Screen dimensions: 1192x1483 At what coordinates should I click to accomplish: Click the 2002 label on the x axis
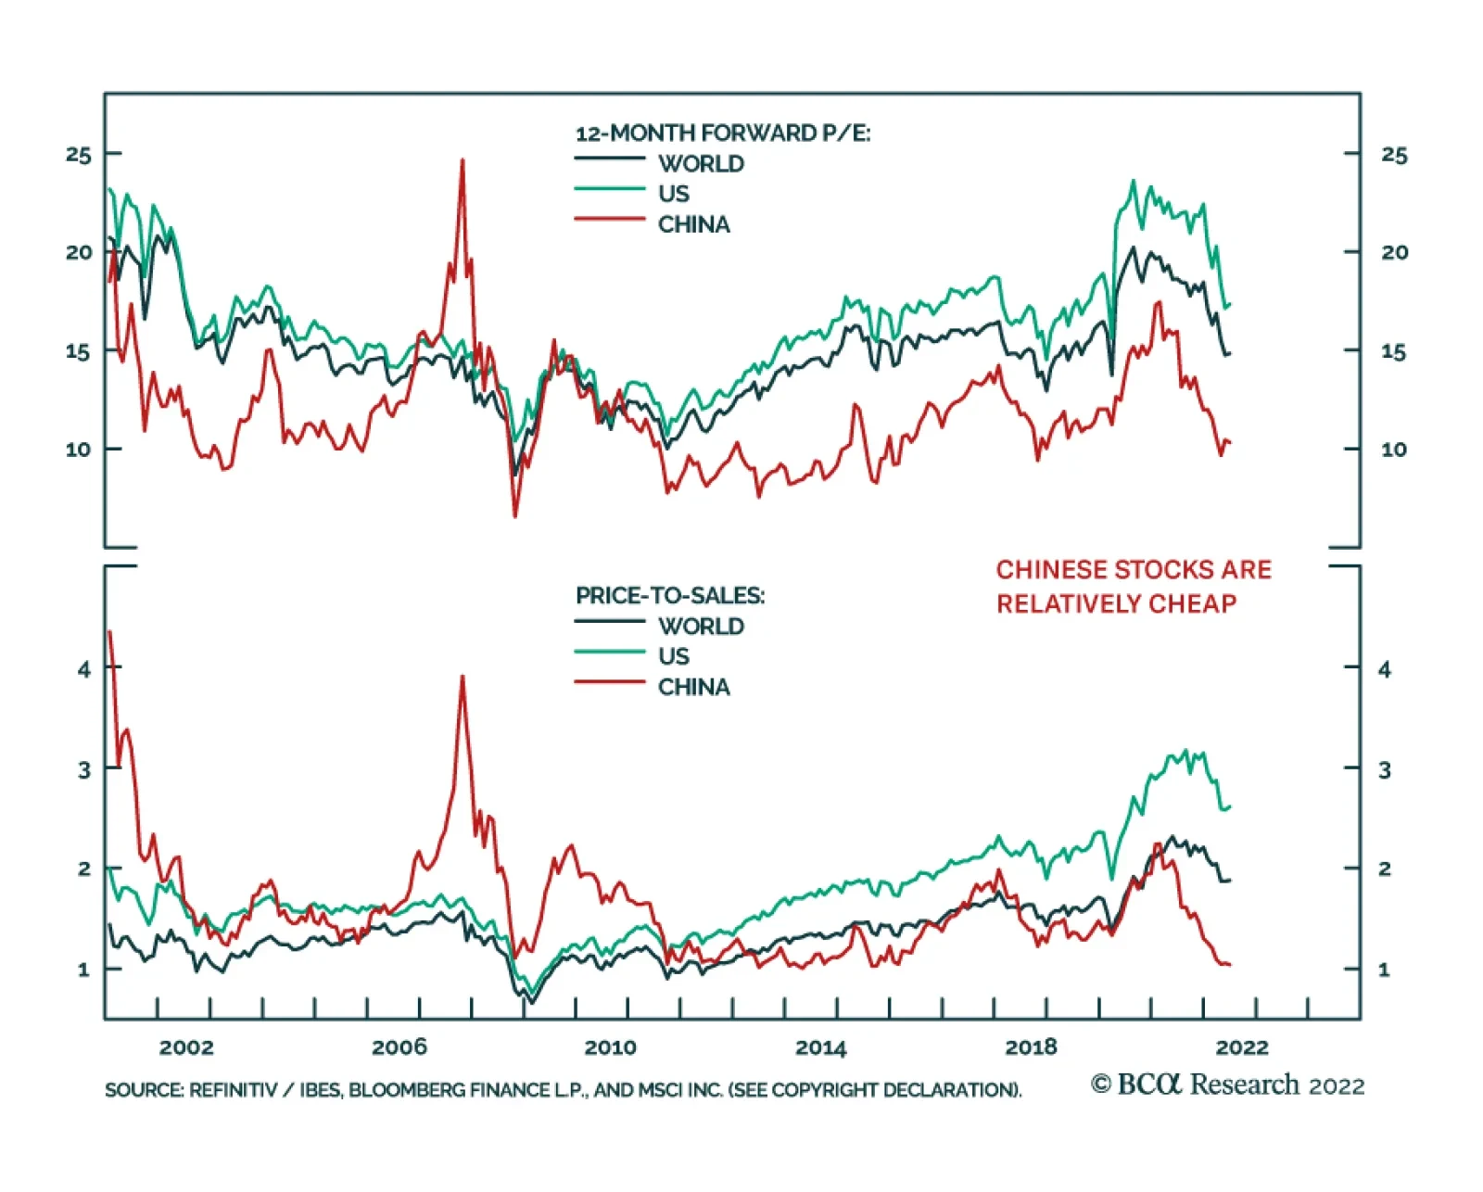pos(186,1047)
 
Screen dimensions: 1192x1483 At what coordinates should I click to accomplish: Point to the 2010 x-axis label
pos(610,1047)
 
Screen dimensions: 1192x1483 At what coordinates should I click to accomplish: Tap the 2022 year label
pos(1242,1047)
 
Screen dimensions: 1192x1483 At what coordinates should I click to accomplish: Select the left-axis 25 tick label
pos(79,155)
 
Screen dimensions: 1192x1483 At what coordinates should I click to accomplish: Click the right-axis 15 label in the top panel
pos(1393,352)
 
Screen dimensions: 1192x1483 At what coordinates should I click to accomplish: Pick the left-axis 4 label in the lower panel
pos(84,669)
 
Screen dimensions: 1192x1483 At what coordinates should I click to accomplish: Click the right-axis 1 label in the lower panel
pos(1384,970)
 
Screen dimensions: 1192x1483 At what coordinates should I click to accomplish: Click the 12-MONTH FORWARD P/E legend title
pos(723,133)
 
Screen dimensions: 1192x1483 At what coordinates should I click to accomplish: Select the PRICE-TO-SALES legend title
pos(670,595)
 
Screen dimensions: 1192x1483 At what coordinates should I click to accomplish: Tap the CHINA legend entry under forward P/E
pos(693,224)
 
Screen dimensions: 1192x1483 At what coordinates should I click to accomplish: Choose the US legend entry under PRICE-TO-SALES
pos(674,656)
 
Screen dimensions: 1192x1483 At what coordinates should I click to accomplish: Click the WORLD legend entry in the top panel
pos(701,164)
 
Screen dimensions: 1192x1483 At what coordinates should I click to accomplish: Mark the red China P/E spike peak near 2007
pos(463,160)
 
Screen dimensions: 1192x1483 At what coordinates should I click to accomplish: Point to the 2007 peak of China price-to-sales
pos(463,677)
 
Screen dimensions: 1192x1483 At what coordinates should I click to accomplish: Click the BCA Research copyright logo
pos(1226,1084)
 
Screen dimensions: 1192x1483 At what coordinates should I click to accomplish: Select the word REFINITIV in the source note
pos(233,1090)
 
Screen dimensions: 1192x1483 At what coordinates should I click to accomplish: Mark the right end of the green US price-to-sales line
pos(1229,807)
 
